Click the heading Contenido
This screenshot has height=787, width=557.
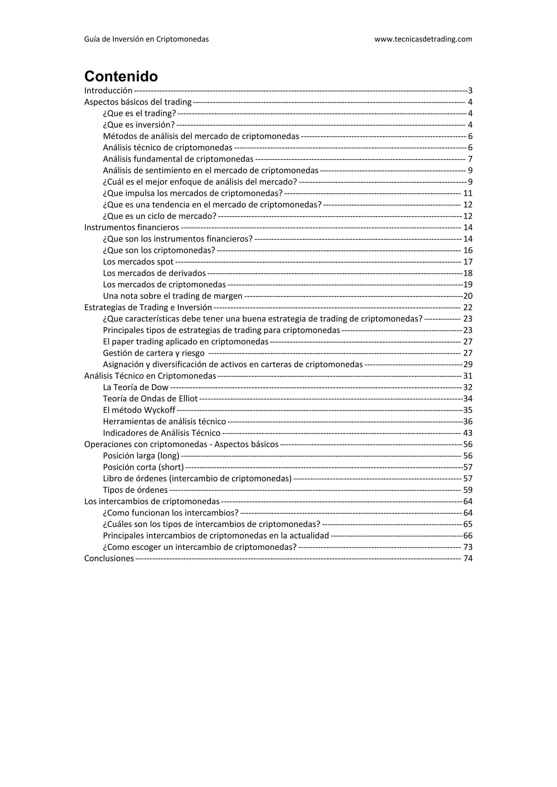[x=121, y=76]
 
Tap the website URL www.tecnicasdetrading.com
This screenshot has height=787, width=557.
[x=423, y=39]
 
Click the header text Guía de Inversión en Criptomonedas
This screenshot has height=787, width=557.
[x=146, y=39]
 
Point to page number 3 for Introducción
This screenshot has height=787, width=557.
[x=470, y=90]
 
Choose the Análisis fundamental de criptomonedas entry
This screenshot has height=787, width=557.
[x=178, y=159]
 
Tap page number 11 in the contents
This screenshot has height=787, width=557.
[x=468, y=193]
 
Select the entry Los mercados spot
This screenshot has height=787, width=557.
[x=138, y=262]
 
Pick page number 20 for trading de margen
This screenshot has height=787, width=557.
[x=468, y=296]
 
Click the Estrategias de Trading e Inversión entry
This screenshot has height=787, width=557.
[x=148, y=307]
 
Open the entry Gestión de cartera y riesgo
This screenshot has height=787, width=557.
[x=154, y=353]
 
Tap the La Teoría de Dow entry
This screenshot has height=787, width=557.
[x=136, y=387]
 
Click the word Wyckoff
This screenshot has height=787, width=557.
[x=159, y=410]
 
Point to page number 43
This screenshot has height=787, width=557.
[x=468, y=433]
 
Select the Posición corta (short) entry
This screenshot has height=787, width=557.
[x=143, y=467]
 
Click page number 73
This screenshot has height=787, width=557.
[x=468, y=547]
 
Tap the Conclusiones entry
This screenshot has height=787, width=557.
[x=109, y=558]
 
